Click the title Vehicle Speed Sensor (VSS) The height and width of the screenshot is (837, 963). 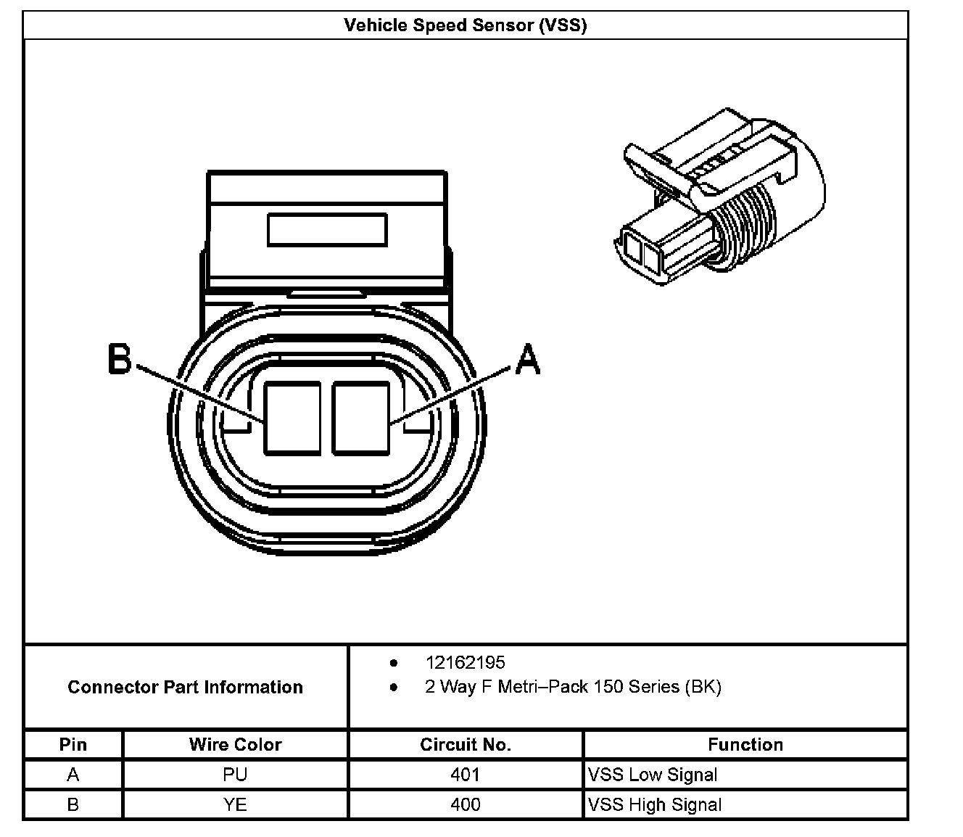[465, 25]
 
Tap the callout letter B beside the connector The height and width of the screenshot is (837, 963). [120, 358]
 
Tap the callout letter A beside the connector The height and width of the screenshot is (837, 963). [528, 358]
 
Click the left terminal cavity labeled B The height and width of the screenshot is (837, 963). [292, 418]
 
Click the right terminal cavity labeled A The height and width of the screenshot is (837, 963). [360, 418]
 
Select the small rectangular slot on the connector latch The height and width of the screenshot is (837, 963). [327, 230]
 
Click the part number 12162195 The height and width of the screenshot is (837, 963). [465, 662]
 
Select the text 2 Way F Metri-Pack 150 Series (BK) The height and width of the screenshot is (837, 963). [573, 687]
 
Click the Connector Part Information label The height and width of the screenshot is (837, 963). [185, 687]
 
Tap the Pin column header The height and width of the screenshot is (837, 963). [73, 744]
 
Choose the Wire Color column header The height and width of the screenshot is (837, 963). [235, 744]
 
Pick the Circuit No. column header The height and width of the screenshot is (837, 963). [465, 744]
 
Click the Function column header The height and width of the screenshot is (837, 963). [745, 744]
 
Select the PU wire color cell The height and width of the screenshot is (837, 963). [235, 775]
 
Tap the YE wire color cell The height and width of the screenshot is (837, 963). [235, 804]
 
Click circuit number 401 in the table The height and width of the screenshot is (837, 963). [465, 775]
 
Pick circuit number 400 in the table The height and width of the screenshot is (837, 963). [465, 804]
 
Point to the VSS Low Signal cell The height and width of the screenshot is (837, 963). [653, 775]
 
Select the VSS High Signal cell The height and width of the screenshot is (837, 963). [655, 804]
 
